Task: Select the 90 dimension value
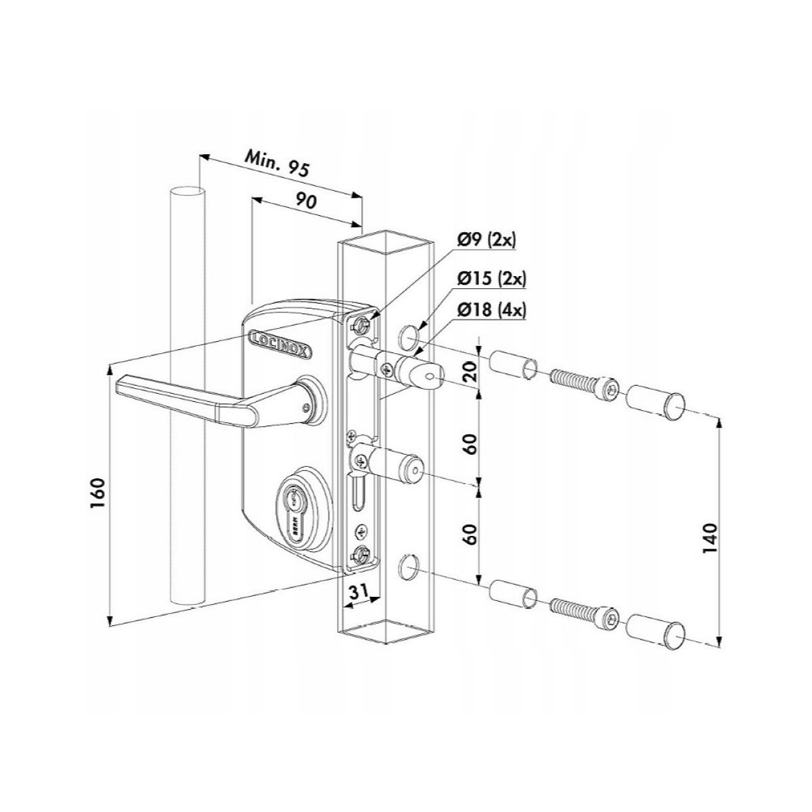305,201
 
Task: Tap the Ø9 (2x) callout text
487,241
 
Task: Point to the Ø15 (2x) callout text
492,279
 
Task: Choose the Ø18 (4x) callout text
492,311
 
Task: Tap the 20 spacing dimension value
471,371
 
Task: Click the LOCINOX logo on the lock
281,340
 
